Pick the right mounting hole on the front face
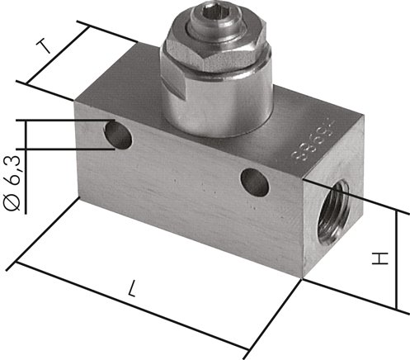click(252, 178)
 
